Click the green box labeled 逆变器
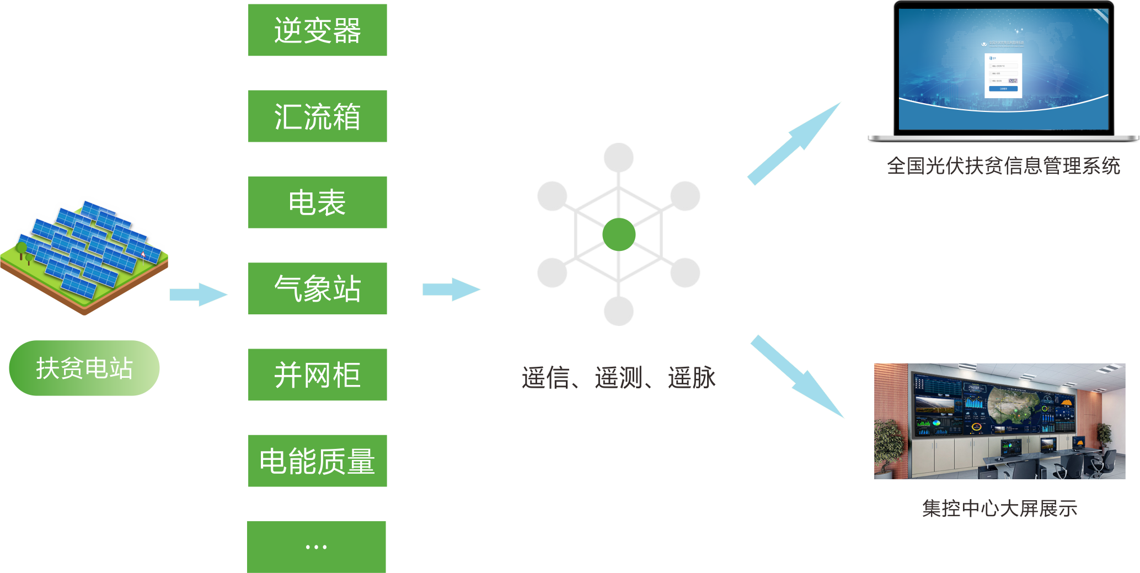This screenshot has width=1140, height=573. [x=317, y=30]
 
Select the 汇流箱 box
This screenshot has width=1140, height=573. [x=317, y=116]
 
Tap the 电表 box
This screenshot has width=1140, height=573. [x=317, y=202]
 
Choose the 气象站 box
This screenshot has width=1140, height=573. [x=317, y=288]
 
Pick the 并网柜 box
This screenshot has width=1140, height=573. [x=317, y=374]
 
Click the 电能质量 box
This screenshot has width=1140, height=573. [x=317, y=460]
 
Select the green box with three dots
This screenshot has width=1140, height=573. [x=316, y=547]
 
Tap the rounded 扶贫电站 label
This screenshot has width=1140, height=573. [x=84, y=368]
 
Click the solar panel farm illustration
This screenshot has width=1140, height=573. [x=85, y=254]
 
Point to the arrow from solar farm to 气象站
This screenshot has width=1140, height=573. [x=197, y=294]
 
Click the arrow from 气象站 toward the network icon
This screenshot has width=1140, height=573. [x=451, y=290]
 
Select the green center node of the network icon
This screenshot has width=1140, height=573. [x=619, y=234]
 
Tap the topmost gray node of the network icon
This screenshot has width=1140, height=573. [x=618, y=158]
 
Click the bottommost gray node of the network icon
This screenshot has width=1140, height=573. [x=618, y=310]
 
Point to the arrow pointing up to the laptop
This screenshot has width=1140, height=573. [x=794, y=143]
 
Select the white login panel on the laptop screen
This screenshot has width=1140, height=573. [x=1003, y=76]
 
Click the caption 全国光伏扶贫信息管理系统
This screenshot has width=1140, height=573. [x=1003, y=165]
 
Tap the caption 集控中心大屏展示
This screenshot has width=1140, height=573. [x=999, y=508]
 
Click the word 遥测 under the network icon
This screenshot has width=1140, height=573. [x=618, y=378]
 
